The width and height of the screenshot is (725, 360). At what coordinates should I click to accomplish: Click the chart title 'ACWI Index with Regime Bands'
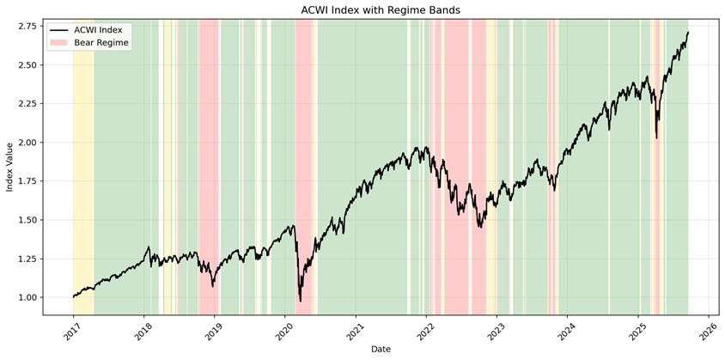tap(381, 10)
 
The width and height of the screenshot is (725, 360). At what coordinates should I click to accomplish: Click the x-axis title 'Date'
tap(381, 349)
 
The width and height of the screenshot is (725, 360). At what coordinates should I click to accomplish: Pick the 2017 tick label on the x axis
tap(72, 329)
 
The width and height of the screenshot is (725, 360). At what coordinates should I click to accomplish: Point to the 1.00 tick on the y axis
tap(27, 297)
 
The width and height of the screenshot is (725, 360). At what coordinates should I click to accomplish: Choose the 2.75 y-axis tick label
tap(27, 26)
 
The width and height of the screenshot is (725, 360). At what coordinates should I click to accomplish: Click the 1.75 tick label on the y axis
tap(27, 181)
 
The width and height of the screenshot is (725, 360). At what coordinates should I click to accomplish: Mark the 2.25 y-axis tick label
tap(27, 104)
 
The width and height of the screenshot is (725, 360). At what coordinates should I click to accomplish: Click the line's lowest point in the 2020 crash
tap(300, 301)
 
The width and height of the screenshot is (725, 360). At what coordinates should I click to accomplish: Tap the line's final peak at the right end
tap(687, 33)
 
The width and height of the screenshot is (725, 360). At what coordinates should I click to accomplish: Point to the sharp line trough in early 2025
tap(656, 137)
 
